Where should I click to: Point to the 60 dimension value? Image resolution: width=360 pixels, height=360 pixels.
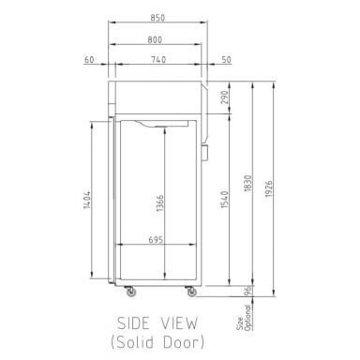click(90, 61)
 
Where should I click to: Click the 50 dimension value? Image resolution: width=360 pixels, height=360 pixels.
click(226, 61)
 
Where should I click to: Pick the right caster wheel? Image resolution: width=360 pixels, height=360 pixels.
click(190, 292)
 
